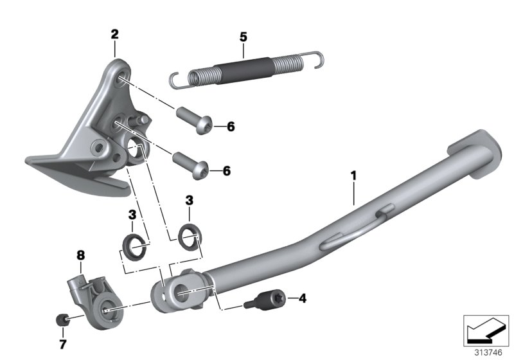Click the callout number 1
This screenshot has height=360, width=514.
(354, 175)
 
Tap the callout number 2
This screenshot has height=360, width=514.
(114, 35)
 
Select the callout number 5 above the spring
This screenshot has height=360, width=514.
(244, 37)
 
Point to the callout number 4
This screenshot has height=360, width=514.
(303, 298)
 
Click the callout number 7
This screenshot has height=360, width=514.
(62, 345)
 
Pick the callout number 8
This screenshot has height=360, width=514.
(81, 255)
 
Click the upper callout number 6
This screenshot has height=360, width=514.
(231, 127)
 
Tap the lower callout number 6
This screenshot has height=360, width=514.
(227, 171)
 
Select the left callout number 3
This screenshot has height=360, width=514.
(132, 215)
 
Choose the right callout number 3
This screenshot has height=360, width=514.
(189, 201)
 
